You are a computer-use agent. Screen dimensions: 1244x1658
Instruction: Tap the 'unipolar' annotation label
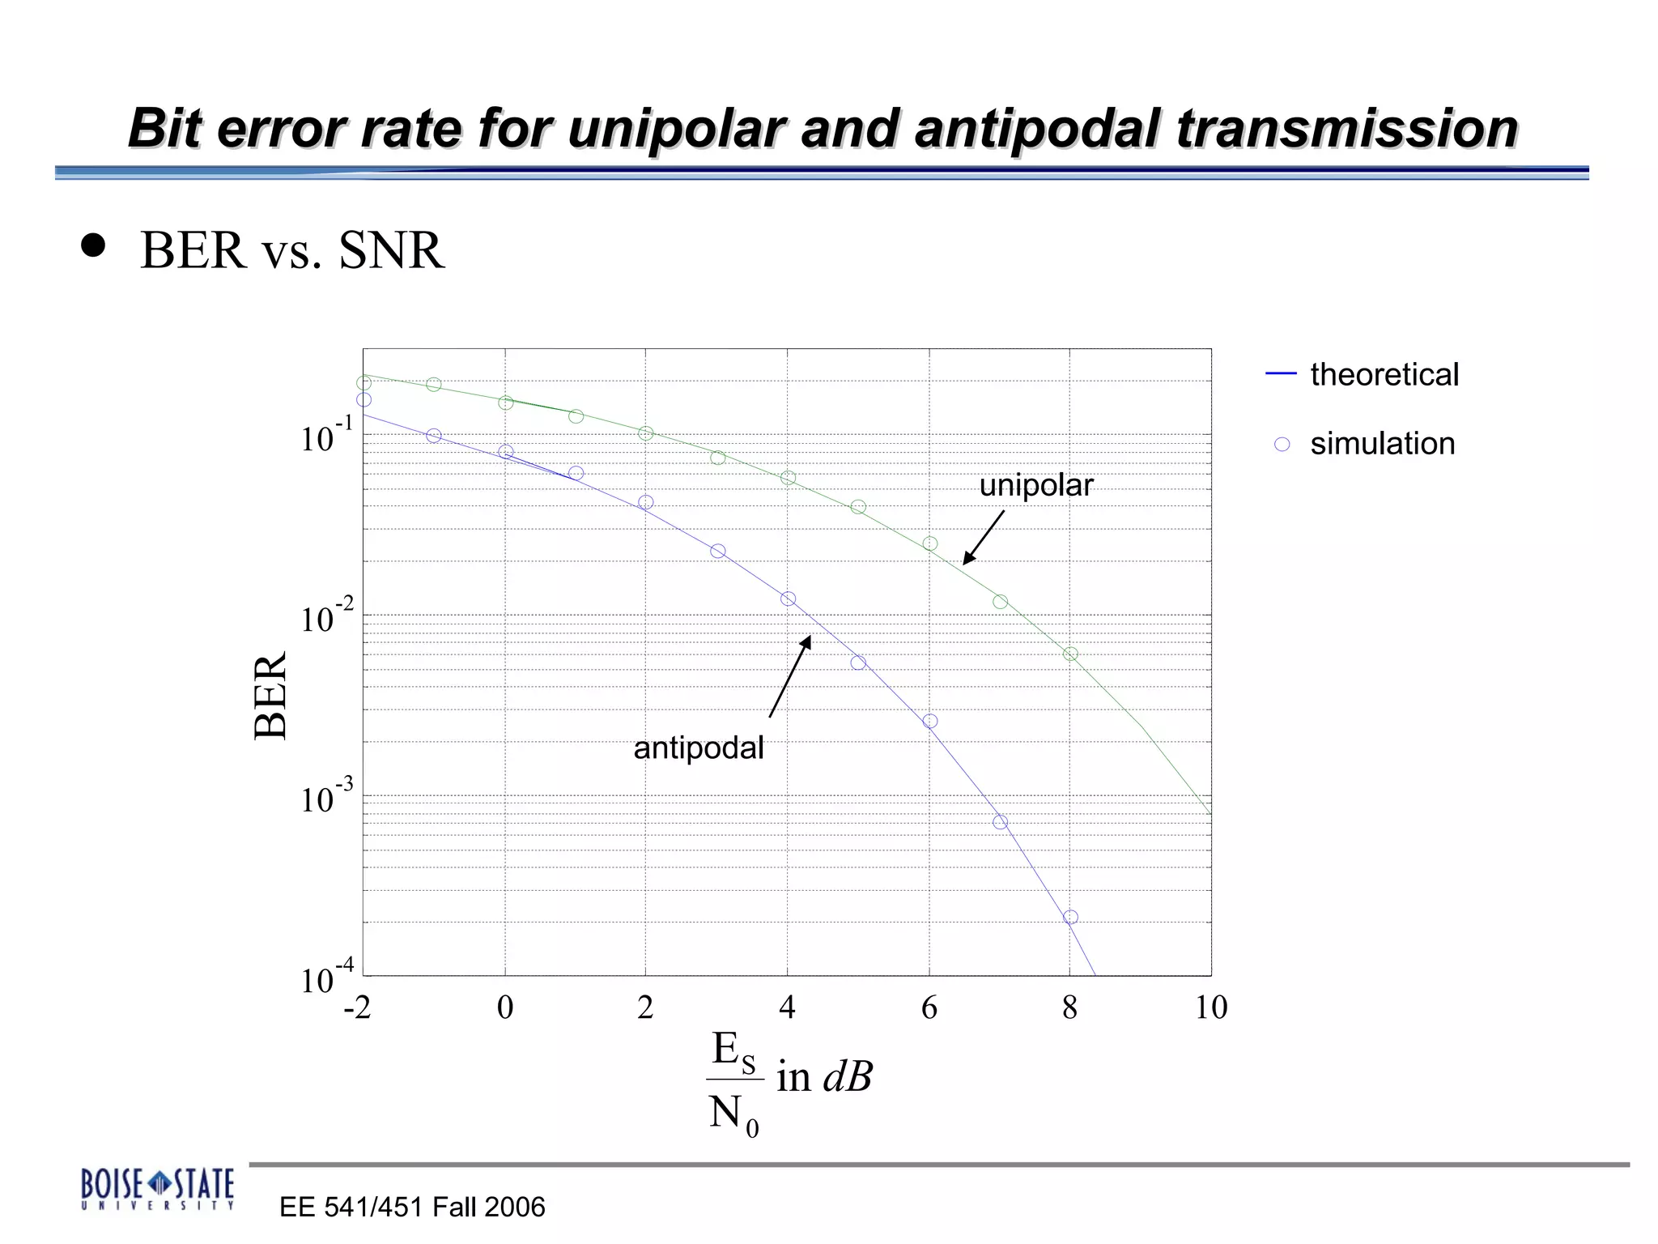pos(1035,485)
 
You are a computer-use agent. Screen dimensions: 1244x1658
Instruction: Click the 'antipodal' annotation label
pos(698,748)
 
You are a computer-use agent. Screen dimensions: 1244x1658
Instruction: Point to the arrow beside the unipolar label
pos(984,537)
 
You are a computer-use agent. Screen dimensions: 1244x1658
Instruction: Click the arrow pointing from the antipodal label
pos(789,677)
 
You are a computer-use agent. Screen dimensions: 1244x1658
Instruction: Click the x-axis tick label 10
pos(1210,1008)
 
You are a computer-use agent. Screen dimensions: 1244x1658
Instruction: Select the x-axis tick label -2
pos(357,1008)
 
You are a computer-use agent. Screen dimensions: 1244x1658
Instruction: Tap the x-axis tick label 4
pos(787,1008)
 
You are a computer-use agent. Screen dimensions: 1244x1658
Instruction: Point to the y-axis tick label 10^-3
pos(326,797)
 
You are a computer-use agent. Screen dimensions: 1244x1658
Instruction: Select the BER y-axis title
pos(270,695)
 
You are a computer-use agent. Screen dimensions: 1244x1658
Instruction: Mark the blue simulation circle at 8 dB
pos(1070,917)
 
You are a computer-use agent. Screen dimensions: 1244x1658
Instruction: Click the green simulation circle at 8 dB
pos(1070,654)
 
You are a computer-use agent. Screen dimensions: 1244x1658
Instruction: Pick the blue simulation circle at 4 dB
pos(788,599)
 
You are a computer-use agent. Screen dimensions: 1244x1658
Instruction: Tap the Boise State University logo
pos(157,1188)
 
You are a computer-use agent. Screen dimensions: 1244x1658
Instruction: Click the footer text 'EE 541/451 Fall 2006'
pos(412,1207)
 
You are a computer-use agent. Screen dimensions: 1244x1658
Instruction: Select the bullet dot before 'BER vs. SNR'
pos(94,245)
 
